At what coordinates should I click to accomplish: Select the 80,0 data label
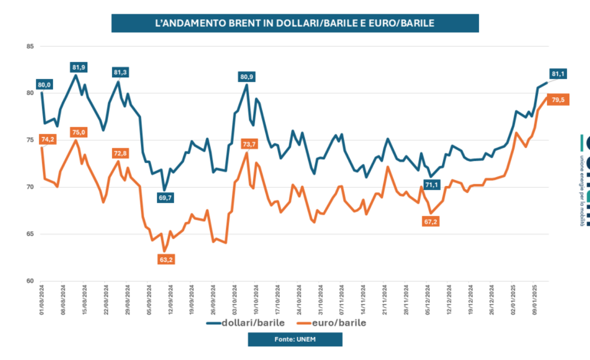click(44, 84)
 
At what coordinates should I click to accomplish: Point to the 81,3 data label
click(120, 72)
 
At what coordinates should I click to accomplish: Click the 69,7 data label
click(166, 198)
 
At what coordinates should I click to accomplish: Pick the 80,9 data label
click(247, 77)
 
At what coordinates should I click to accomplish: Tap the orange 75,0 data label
click(78, 133)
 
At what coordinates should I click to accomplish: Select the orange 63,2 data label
click(166, 260)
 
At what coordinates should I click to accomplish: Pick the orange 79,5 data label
click(558, 100)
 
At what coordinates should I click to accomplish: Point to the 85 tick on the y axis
click(30, 47)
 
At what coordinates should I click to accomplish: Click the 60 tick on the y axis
click(30, 281)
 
